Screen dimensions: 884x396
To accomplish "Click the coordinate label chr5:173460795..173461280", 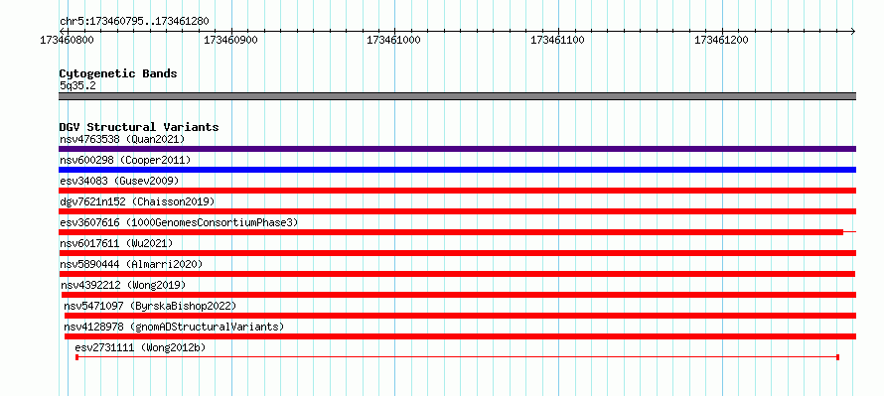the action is (134, 22).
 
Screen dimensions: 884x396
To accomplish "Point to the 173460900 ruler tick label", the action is (230, 40).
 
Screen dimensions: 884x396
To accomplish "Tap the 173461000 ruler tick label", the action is (393, 40).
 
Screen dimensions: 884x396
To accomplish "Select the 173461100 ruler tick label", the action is (557, 40).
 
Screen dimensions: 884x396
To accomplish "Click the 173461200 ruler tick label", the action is (721, 40).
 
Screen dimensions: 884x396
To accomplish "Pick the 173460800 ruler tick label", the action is (68, 40).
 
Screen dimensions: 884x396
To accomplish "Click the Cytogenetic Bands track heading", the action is (118, 73).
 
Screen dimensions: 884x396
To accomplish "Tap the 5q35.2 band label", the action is (77, 86).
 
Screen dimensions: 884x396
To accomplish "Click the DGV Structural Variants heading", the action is (139, 127).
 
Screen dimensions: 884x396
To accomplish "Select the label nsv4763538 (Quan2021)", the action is (122, 139).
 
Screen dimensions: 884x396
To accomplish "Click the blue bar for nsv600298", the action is (457, 170).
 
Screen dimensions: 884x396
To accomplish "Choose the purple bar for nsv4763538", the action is (457, 149).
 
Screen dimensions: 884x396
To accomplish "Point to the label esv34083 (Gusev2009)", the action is (119, 181).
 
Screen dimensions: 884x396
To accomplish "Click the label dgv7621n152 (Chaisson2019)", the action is (137, 201).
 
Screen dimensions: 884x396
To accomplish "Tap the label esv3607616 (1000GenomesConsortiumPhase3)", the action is (179, 222).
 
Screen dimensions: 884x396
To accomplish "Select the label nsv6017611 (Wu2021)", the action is (116, 243).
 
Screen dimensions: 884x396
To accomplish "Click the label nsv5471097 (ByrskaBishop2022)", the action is (150, 306).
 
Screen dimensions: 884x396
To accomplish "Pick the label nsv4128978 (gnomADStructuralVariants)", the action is (174, 327).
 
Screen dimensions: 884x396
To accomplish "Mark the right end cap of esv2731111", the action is (837, 357).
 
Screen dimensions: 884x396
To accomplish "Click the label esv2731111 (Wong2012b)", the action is (140, 347).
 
